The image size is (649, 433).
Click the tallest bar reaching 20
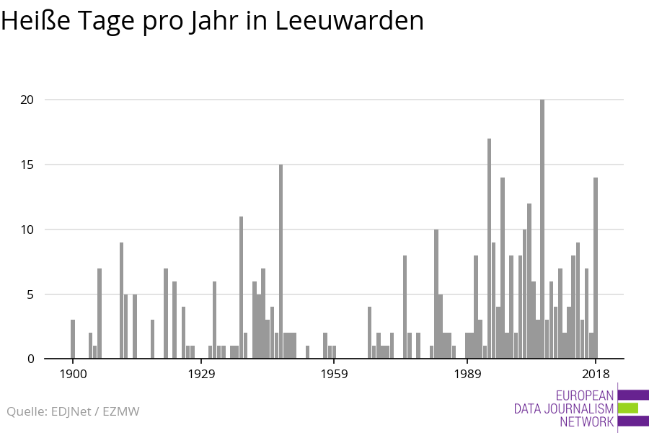pos(542,229)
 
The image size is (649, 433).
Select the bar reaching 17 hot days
pos(489,248)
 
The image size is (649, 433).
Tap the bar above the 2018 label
pos(596,268)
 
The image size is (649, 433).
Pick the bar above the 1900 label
pos(73,339)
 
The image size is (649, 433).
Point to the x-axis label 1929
pos(201,374)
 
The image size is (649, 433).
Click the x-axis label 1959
pos(334,374)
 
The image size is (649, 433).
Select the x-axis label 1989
pos(467,374)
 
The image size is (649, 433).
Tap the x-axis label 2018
pos(596,374)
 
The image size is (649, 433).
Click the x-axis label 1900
pos(73,374)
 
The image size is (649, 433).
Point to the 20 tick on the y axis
pos(27,100)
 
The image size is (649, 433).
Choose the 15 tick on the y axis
pos(27,165)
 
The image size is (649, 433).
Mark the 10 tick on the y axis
pos(27,229)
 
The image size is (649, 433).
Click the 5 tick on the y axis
pos(30,294)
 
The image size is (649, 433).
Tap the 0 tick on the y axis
pos(30,359)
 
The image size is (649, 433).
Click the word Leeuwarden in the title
pos(349,20)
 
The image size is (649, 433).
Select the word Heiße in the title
pos(35,20)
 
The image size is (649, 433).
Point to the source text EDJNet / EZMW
pos(95,411)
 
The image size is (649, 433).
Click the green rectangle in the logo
pos(628,408)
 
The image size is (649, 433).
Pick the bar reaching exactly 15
pos(281,261)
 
